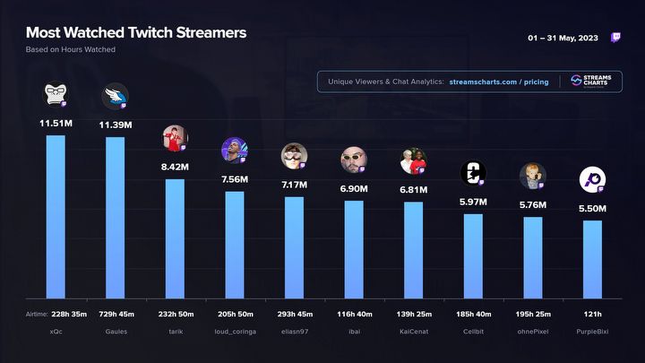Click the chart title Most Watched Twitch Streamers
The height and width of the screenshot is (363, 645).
(x=136, y=33)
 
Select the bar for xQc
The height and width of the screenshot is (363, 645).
(x=56, y=215)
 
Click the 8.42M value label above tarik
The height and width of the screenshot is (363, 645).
(x=175, y=166)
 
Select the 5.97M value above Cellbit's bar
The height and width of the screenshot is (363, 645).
(x=473, y=201)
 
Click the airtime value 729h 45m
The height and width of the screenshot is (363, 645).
(x=116, y=313)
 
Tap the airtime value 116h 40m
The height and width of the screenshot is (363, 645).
(x=354, y=313)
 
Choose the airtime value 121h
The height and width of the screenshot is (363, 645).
(x=592, y=313)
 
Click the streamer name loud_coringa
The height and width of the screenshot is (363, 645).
(x=235, y=331)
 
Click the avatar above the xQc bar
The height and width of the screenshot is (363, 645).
(x=55, y=93)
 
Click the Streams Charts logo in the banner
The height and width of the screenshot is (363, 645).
(x=591, y=82)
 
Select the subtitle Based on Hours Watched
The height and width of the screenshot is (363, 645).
(x=71, y=50)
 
